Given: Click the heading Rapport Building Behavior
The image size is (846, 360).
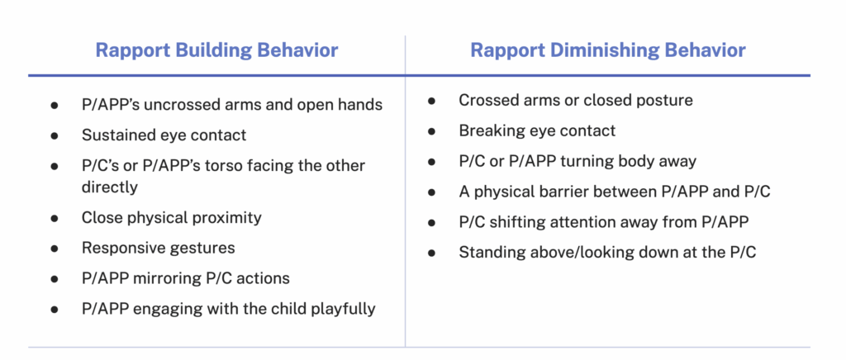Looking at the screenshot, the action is point(217,50).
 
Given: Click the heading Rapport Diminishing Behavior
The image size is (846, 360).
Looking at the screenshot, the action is point(608,50).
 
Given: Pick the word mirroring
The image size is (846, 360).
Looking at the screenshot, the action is point(177,278).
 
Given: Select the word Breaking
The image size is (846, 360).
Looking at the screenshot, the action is point(489,130).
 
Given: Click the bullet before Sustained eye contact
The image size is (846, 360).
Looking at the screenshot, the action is point(54,135).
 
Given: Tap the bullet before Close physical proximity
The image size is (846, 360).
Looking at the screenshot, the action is point(54,218).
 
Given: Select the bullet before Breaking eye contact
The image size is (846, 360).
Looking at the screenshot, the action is point(431,131).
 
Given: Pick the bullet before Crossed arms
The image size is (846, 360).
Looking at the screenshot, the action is point(431,101).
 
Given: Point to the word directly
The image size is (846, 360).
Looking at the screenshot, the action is point(110,187).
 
